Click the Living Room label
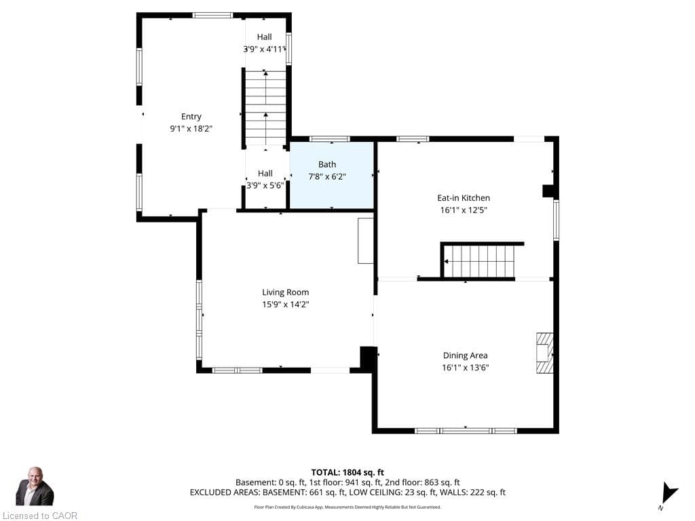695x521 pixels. coord(286,292)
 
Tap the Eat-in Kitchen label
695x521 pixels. coord(464,198)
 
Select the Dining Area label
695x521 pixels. coord(466,355)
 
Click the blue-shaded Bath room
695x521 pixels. coord(331,175)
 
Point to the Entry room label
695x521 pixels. coord(191,117)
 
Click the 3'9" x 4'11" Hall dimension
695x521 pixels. coord(264,49)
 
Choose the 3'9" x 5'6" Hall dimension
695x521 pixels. coord(265,186)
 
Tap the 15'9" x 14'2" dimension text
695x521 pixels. coord(286,305)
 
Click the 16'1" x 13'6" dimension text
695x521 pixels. coord(466,367)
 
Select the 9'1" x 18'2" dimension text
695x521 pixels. coord(191,129)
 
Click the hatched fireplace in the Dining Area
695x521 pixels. coord(545,353)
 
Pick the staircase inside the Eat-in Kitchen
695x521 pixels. coord(479,261)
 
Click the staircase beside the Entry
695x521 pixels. coord(265,108)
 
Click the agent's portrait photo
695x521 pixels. coord(35,486)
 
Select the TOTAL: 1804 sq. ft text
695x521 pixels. coord(347,472)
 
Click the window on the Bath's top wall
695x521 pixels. coord(329,139)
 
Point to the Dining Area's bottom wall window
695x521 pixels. coord(466,431)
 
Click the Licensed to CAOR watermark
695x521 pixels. coord(40,516)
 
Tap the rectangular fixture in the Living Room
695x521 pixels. coord(366,241)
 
